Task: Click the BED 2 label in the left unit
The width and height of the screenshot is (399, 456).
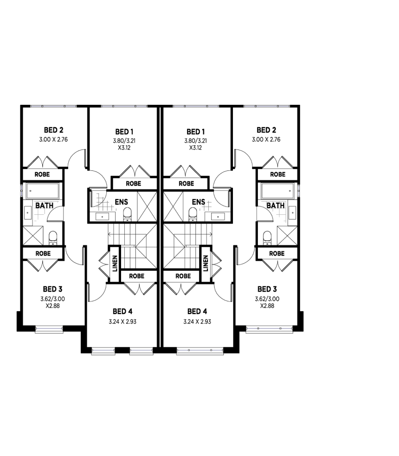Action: (x=54, y=130)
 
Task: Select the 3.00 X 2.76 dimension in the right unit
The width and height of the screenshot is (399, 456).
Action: (x=266, y=139)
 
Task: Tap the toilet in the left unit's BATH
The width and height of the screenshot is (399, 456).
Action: (x=53, y=238)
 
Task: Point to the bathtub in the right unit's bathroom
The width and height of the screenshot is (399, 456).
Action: (x=277, y=190)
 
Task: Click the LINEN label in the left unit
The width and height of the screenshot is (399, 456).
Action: (x=114, y=263)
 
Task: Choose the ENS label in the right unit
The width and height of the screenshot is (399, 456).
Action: (x=198, y=202)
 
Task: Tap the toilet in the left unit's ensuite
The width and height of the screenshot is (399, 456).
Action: (x=127, y=214)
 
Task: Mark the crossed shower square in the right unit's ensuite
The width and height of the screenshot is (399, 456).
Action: (x=173, y=202)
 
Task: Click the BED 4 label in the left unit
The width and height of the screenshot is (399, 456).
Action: (x=122, y=311)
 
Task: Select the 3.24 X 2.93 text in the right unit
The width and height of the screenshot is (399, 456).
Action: (x=198, y=321)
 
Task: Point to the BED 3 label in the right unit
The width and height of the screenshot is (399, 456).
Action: (x=267, y=289)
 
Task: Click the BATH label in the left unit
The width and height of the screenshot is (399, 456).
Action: (x=44, y=205)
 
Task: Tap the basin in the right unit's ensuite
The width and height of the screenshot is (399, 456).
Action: (x=217, y=216)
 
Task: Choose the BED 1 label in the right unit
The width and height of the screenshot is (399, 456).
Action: (x=196, y=132)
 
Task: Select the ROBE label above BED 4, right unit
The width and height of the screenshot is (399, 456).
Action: (x=183, y=276)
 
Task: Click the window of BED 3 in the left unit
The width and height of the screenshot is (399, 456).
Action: (x=49, y=329)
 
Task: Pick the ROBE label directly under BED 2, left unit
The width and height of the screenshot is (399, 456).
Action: (x=43, y=175)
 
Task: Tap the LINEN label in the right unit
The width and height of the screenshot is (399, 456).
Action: (x=205, y=263)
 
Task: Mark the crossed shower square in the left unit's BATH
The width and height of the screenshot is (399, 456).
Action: (x=32, y=236)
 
